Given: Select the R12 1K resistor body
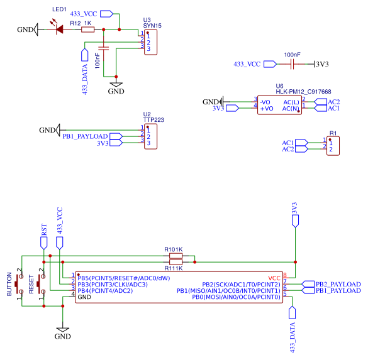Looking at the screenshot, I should coord(87,29).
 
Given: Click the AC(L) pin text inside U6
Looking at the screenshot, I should coord(291,101).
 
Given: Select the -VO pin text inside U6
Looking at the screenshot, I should coord(265,101).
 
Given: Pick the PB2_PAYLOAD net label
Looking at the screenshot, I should coord(338,284).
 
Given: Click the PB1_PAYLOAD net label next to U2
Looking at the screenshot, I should coord(84,136).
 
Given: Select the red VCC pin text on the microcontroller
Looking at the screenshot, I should coord(274,277).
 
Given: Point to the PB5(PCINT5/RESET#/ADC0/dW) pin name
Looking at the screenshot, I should coord(123,277).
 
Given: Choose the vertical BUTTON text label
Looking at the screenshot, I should coord(9,285).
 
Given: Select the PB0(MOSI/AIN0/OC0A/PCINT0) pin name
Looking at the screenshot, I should coord(236,297).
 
